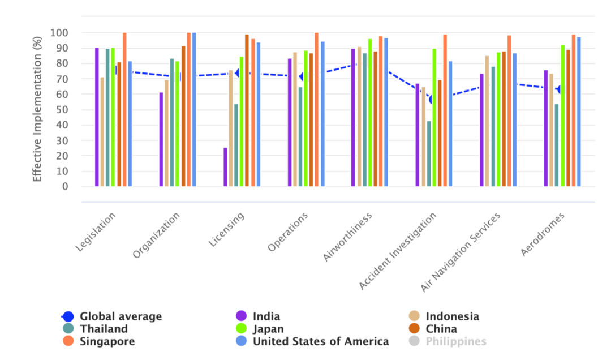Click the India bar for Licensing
coord(225,167)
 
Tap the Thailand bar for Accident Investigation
coord(429,153)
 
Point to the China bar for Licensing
coord(247,110)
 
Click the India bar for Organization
coord(161,139)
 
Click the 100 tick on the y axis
coord(59,33)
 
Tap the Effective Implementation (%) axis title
coord(37,108)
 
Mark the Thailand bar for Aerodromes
coord(557,145)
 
